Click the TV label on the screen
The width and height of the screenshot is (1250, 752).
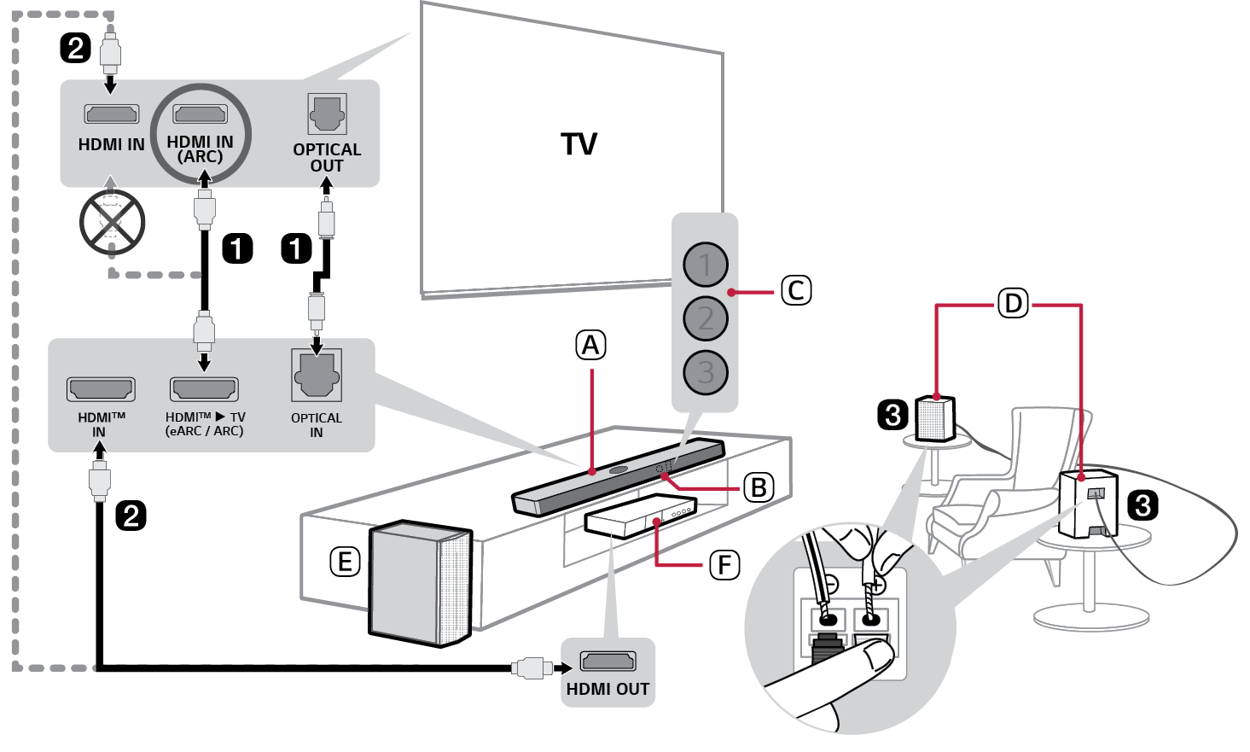(x=578, y=144)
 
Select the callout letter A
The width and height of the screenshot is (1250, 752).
(x=590, y=345)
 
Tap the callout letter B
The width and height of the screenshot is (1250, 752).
(x=759, y=487)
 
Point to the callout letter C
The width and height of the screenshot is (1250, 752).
(x=796, y=290)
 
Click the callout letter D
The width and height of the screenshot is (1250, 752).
(x=1013, y=303)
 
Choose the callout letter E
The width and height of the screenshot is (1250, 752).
(x=345, y=562)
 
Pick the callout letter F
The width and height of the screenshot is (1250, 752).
(x=724, y=564)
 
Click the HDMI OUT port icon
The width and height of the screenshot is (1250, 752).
(x=608, y=661)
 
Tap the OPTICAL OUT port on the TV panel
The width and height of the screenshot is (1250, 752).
(x=327, y=114)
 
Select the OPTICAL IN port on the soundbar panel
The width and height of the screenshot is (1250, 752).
(x=317, y=376)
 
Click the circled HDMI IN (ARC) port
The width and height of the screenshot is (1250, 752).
(x=201, y=114)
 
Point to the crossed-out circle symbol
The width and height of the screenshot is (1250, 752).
(x=112, y=222)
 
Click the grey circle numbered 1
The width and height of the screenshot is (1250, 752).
(x=706, y=265)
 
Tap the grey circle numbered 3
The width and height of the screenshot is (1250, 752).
(x=706, y=372)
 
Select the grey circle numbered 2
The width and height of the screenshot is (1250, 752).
(x=706, y=318)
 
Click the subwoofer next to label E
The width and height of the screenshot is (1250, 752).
(x=420, y=583)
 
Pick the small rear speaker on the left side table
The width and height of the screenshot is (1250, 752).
(x=935, y=418)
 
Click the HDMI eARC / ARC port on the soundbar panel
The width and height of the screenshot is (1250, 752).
(x=204, y=389)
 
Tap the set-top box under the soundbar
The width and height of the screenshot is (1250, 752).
(x=640, y=516)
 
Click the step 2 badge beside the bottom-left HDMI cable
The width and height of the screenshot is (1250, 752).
(x=131, y=516)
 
